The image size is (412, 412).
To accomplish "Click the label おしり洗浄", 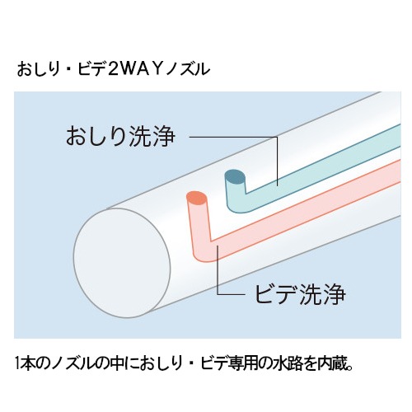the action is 120,136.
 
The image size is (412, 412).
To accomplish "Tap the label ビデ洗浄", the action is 300,294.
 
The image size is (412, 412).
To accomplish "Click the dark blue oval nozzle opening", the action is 235,177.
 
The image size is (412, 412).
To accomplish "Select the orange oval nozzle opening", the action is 196,199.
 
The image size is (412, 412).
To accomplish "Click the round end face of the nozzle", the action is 122,263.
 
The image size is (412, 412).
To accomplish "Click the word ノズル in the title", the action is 188,69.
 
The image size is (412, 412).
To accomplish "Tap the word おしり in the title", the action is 38,69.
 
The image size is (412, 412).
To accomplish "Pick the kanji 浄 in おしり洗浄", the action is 164,136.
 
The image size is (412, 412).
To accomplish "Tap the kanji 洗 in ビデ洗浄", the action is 311,294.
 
